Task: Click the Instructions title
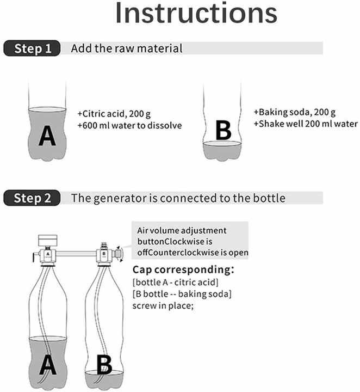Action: tap(196, 13)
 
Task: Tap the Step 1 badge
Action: tap(32, 48)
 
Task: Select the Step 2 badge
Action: tap(32, 198)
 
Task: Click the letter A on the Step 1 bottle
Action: tap(47, 136)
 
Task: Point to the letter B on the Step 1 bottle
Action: tap(223, 130)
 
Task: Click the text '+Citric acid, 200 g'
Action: tap(114, 114)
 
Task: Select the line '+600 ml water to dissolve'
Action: tap(129, 125)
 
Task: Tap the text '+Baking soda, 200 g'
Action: tap(295, 112)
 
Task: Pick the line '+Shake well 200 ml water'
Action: tap(306, 124)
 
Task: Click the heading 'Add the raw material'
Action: tap(127, 48)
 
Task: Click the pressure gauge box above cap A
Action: tap(47, 240)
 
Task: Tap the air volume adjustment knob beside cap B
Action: tap(119, 254)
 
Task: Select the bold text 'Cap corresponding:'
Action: tap(183, 269)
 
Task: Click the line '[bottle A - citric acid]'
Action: tap(175, 282)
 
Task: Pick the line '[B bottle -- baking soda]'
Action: tap(182, 294)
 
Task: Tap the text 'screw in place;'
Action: tap(163, 305)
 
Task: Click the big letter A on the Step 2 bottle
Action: tap(48, 365)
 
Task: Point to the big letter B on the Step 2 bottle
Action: tap(104, 365)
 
